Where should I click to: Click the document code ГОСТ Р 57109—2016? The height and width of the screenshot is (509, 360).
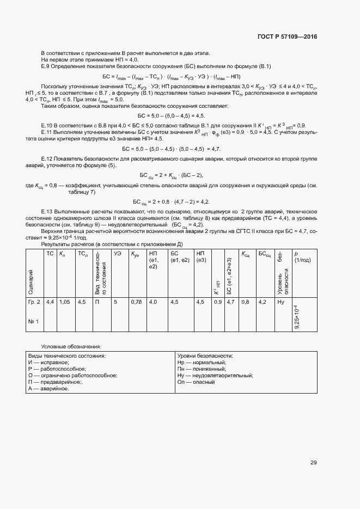pyautogui.click(x=286, y=36)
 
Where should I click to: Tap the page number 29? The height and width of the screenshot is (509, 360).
pyautogui.click(x=313, y=463)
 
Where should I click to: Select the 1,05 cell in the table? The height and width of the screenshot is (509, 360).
pyautogui.click(x=65, y=301)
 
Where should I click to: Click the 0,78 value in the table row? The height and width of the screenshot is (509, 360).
pyautogui.click(x=136, y=301)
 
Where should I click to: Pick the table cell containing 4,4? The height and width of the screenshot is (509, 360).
pyautogui.click(x=50, y=301)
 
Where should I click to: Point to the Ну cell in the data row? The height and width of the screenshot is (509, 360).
pyautogui.click(x=281, y=301)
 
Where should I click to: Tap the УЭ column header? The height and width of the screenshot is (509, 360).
pyautogui.click(x=117, y=254)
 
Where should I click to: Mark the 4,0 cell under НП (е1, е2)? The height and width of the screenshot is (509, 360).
pyautogui.click(x=153, y=301)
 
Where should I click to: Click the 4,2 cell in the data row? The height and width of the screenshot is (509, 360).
pyautogui.click(x=263, y=301)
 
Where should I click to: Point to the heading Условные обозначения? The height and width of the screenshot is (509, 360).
pyautogui.click(x=71, y=346)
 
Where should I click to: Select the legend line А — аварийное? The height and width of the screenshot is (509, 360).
pyautogui.click(x=48, y=389)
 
